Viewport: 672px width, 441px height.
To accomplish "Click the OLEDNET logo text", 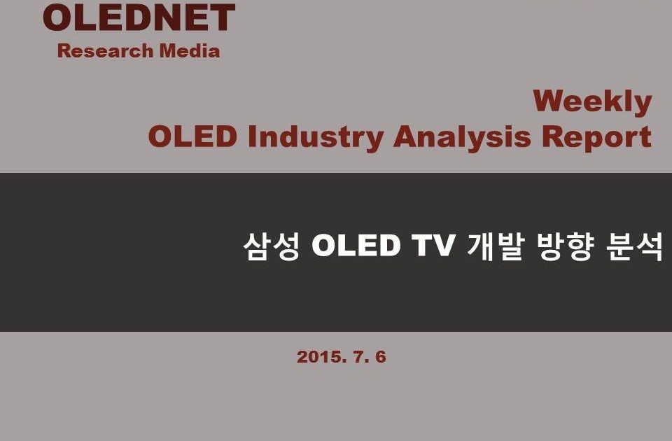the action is click(139, 17).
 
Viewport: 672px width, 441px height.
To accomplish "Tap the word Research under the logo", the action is click(106, 51).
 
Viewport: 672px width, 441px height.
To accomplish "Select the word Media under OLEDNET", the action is click(190, 51).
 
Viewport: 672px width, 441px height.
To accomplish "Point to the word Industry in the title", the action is click(316, 137).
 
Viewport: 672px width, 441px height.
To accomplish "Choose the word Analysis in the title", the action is click(462, 137).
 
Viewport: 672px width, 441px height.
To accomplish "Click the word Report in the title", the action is click(596, 137).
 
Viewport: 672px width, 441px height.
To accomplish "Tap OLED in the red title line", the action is click(192, 136).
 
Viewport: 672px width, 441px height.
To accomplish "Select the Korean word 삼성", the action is click(272, 246).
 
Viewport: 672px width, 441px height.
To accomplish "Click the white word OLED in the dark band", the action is click(356, 246).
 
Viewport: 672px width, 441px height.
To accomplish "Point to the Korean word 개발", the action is click(496, 246).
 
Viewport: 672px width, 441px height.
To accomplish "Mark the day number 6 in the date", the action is click(381, 357).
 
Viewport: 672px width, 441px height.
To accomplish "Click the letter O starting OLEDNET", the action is click(58, 17).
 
